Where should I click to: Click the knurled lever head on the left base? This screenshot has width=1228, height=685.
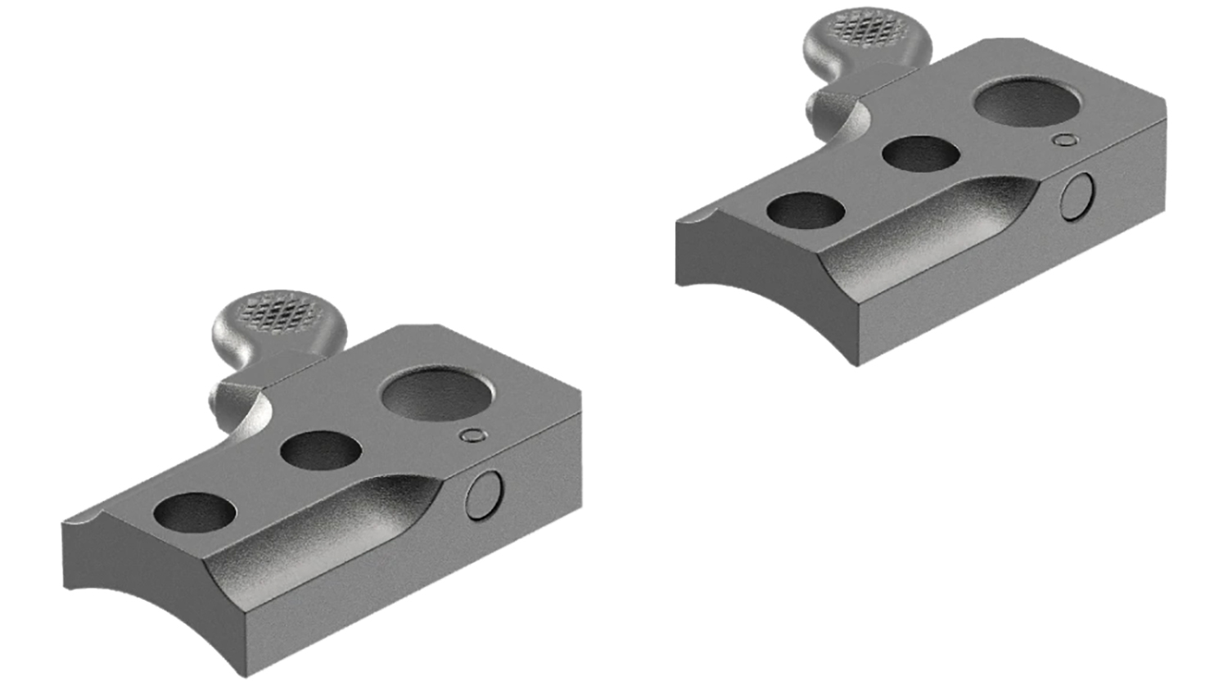(278, 309)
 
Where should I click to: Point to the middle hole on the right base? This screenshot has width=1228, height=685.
(921, 154)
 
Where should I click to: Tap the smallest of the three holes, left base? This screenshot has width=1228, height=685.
(195, 511)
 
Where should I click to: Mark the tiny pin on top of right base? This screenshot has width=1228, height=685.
(1064, 140)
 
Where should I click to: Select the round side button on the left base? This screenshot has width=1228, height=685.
(485, 496)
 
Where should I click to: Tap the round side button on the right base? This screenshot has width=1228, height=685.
(1078, 196)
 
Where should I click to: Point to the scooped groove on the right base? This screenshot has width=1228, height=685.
(933, 229)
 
